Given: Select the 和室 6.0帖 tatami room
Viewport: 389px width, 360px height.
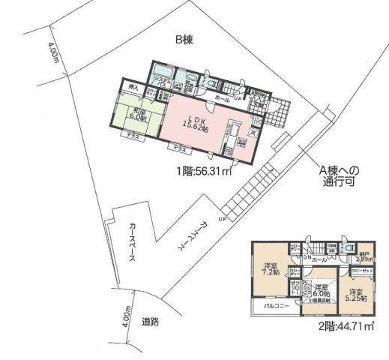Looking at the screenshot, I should [139, 112].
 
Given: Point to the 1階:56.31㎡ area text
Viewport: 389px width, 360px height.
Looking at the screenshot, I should [202, 170].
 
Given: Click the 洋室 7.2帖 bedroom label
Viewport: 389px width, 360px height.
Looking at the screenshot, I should [271, 268].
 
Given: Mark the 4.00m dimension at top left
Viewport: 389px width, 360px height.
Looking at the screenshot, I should [53, 54].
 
